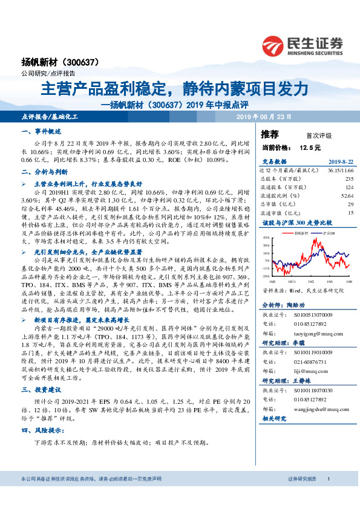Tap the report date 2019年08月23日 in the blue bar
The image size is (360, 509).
pos(263,115)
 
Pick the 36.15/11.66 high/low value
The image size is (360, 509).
pos(339,171)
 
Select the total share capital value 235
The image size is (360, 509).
pos(349,180)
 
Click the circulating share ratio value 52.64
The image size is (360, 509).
pos(346,196)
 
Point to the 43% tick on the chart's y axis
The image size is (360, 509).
pos(266,238)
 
